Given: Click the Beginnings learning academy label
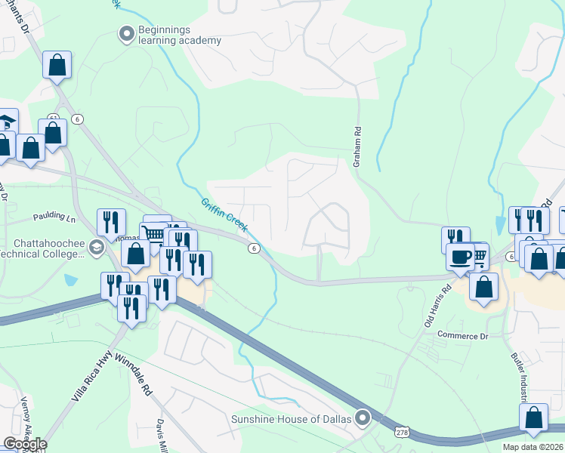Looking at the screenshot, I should click(179, 35).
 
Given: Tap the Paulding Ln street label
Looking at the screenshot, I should click(54, 217).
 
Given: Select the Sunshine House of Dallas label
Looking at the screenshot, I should click(292, 419).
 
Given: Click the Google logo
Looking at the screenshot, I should click(25, 444).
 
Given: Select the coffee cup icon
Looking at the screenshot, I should click(460, 256).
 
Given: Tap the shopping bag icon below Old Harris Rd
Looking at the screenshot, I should click(483, 286).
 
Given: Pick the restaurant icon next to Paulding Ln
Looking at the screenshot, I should click(111, 222).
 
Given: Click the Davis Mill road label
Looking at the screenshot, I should click(162, 436).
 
